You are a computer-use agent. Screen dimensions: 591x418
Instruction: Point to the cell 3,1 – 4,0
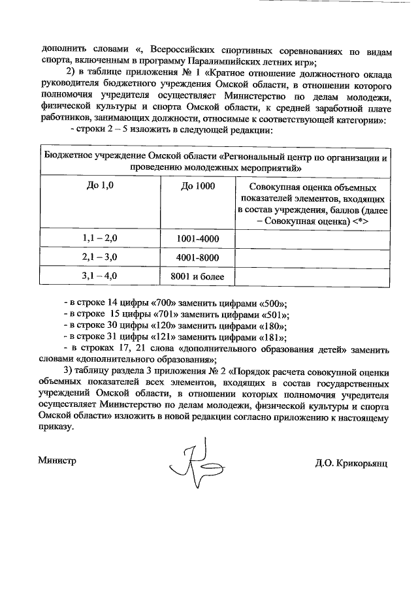[x=100, y=276]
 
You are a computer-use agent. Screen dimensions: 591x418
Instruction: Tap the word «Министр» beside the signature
[x=57, y=460]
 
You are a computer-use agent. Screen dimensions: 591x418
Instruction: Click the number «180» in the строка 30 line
[x=271, y=327]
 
